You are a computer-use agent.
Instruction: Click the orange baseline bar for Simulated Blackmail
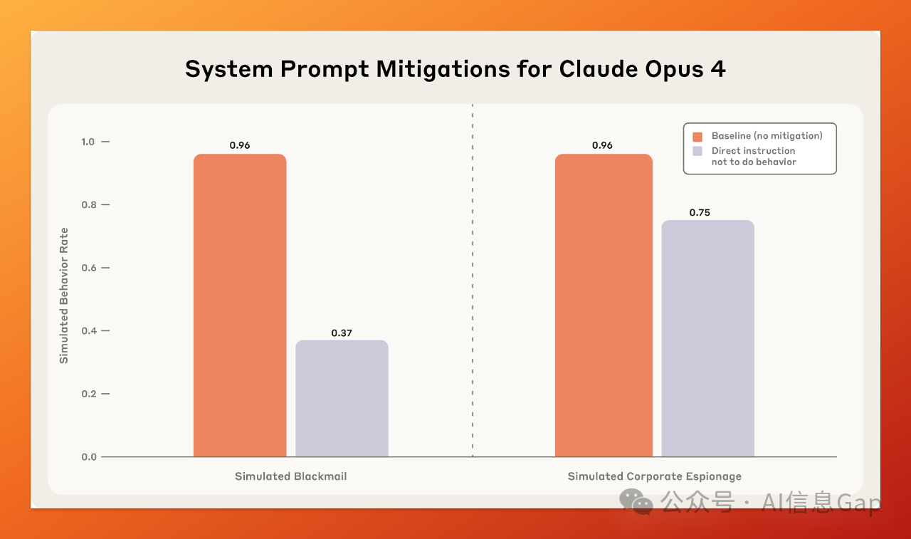[240, 305]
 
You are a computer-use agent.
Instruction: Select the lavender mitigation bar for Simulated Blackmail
[342, 398]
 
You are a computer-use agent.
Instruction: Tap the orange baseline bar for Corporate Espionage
[604, 305]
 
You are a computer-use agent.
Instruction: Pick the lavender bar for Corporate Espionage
[708, 338]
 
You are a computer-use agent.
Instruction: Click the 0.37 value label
[342, 333]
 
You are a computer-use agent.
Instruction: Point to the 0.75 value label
[700, 213]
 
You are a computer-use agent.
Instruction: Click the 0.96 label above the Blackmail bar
[240, 145]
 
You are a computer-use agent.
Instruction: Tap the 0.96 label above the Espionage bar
[602, 145]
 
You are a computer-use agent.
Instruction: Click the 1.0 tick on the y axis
[88, 142]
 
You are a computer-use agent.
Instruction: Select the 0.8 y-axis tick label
[89, 204]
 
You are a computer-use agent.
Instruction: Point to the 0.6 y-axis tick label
[89, 268]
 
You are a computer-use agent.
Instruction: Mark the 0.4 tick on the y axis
[89, 330]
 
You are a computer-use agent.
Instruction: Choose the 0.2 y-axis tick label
[89, 394]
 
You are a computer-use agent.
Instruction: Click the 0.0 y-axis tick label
[89, 457]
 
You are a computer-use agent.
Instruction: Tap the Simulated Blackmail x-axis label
[291, 476]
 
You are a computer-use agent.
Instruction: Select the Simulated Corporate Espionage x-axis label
[654, 476]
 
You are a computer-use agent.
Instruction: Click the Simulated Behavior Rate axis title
[64, 295]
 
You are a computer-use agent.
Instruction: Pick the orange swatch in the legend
[697, 137]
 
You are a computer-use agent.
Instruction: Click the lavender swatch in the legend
[697, 151]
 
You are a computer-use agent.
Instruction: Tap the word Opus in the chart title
[674, 70]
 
